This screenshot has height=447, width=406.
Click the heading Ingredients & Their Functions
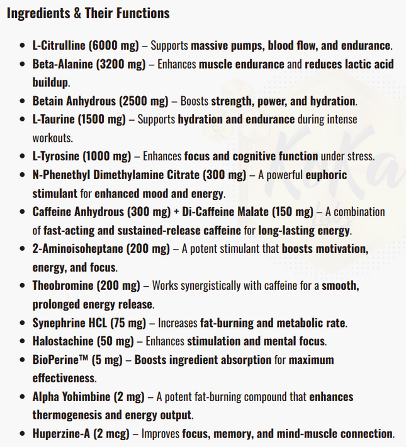[x=87, y=13]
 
